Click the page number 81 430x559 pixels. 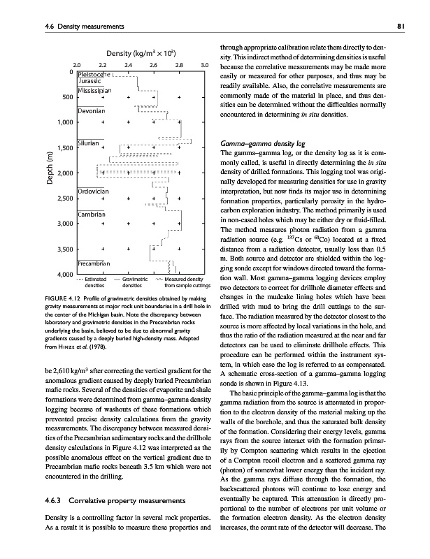click(x=412, y=27)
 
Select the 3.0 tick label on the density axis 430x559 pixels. click(x=205, y=65)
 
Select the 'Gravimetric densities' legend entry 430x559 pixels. click(x=131, y=282)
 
